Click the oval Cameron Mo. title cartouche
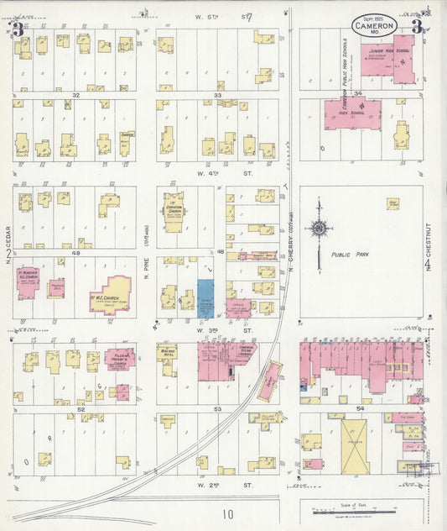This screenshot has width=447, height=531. point(374,24)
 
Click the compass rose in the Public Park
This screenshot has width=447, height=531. point(319,229)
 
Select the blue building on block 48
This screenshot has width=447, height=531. point(205,297)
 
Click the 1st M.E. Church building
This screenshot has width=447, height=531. point(110,296)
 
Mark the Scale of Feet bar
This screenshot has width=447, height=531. point(361,510)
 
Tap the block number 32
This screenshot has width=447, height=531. point(75,96)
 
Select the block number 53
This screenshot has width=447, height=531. point(216,409)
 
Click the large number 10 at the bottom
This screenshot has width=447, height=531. point(228,513)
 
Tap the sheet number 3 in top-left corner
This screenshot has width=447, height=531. point(18,29)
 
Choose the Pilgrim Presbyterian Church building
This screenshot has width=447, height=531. point(120,358)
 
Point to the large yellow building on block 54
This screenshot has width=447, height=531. point(353,445)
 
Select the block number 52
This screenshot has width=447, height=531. point(81,409)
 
